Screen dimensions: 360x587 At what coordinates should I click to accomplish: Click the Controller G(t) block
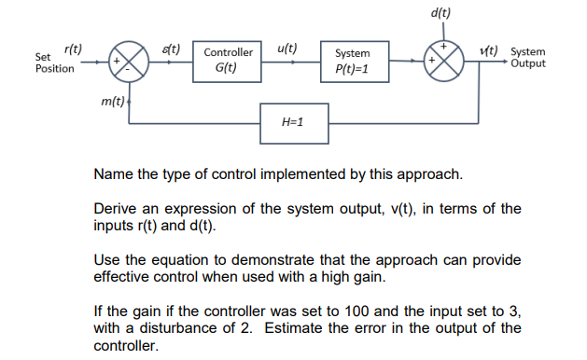click(x=229, y=62)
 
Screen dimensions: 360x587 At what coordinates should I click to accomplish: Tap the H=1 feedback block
click(x=293, y=122)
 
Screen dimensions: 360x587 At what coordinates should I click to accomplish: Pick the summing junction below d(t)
click(x=445, y=62)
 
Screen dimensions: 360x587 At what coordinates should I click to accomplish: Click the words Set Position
click(x=54, y=63)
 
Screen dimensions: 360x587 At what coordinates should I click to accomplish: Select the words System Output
click(x=529, y=59)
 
